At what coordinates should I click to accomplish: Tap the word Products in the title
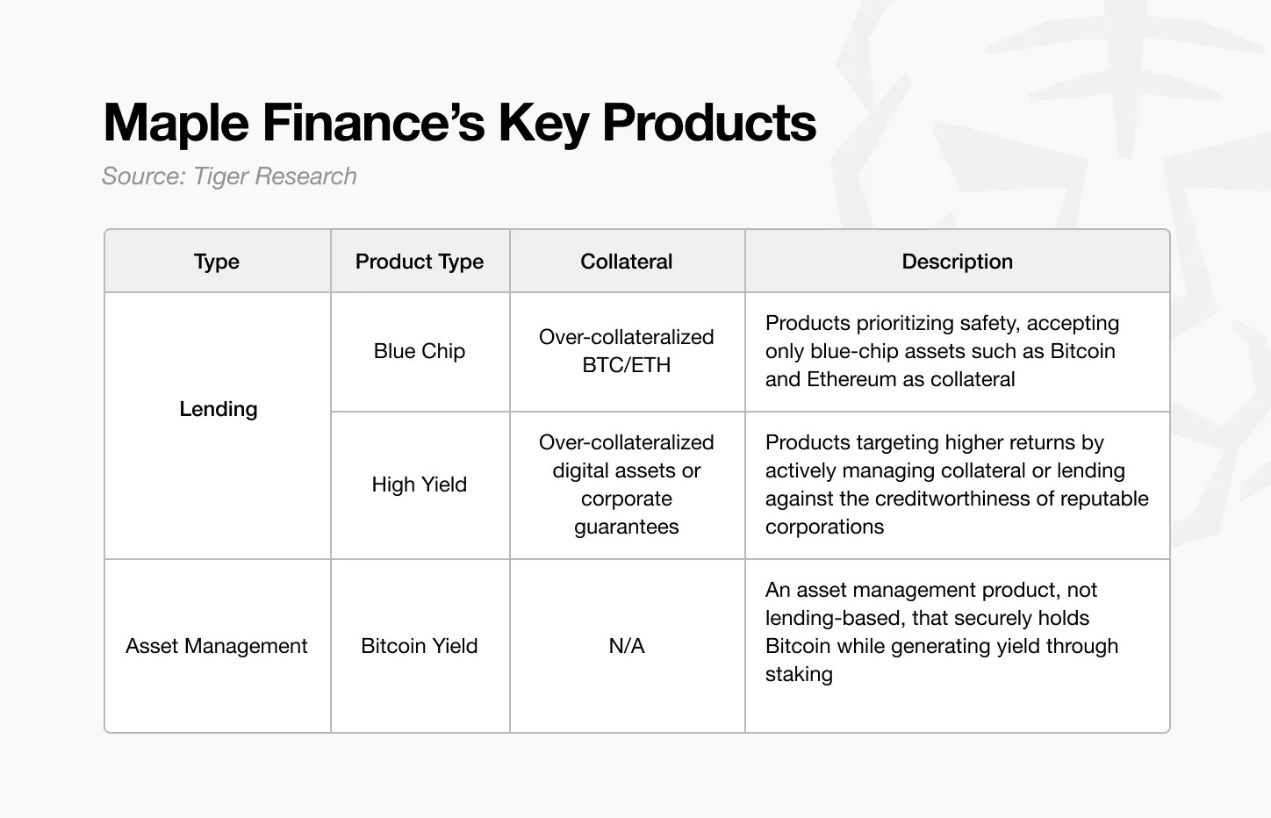pyautogui.click(x=709, y=123)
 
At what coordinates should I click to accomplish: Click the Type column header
pyautogui.click(x=217, y=262)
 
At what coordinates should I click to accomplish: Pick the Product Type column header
pyautogui.click(x=420, y=262)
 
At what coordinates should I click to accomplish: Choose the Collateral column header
pyautogui.click(x=627, y=262)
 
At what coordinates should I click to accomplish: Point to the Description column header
pyautogui.click(x=957, y=262)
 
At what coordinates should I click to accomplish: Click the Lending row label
pyautogui.click(x=218, y=409)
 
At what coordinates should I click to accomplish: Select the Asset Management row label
pyautogui.click(x=217, y=646)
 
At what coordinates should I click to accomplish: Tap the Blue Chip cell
pyautogui.click(x=420, y=351)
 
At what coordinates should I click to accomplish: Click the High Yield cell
pyautogui.click(x=420, y=484)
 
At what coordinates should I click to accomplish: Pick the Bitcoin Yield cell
pyautogui.click(x=420, y=646)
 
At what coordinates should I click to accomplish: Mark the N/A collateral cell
pyautogui.click(x=627, y=646)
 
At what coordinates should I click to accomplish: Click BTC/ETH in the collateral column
pyautogui.click(x=627, y=365)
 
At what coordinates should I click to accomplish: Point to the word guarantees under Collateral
pyautogui.click(x=627, y=527)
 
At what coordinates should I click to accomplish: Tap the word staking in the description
pyautogui.click(x=799, y=674)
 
